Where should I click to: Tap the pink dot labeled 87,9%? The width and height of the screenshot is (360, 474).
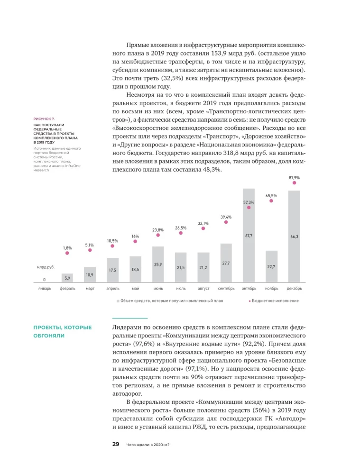coord(294,183)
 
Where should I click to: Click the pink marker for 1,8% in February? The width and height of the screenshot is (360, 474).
coord(67,253)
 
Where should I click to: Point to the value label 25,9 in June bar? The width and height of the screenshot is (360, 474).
coord(158,264)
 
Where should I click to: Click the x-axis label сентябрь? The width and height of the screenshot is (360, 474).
coord(226,288)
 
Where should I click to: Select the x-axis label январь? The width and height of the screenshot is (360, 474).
coord(45,288)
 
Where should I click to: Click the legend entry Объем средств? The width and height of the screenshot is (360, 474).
coord(171,301)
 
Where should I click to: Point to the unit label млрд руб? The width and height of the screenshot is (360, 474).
coord(46,267)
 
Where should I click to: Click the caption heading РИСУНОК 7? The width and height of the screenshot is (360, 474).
coord(44,118)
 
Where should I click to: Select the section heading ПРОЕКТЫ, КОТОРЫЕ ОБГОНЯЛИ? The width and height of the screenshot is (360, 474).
coord(62,331)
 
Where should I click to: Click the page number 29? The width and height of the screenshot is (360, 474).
coord(115,444)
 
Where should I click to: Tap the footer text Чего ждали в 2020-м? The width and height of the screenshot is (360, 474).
coord(148,445)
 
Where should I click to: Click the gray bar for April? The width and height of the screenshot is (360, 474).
coord(113,270)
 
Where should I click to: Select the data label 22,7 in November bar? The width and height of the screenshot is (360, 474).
coord(271,266)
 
